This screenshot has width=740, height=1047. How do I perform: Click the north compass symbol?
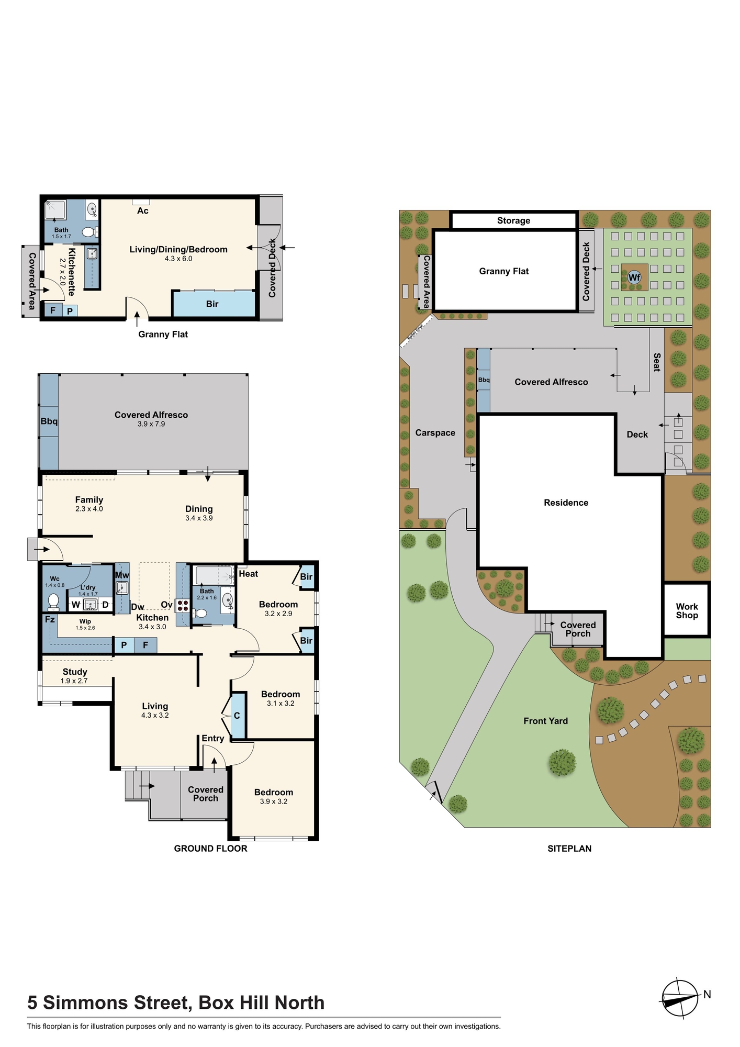680,998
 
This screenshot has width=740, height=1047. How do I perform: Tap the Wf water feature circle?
634,277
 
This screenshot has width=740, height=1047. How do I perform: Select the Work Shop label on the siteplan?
687,610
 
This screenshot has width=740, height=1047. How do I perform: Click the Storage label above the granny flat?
513,221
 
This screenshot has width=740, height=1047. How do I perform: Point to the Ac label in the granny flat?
143,211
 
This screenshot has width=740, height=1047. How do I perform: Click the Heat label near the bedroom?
249,574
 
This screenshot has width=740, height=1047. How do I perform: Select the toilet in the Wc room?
53,602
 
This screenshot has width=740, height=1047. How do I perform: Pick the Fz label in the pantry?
50,620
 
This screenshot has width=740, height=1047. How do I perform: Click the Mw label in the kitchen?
122,575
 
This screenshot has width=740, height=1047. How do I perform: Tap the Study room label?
75,672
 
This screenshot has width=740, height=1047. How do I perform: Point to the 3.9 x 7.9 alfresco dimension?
151,424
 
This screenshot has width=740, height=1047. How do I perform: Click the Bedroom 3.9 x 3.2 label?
274,796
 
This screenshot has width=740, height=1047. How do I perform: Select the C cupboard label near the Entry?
237,716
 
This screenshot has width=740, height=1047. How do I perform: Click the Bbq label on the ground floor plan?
49,421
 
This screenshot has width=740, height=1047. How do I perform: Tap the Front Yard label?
545,721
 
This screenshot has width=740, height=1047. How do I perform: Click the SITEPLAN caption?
569,849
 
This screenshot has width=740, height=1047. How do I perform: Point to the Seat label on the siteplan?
657,362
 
